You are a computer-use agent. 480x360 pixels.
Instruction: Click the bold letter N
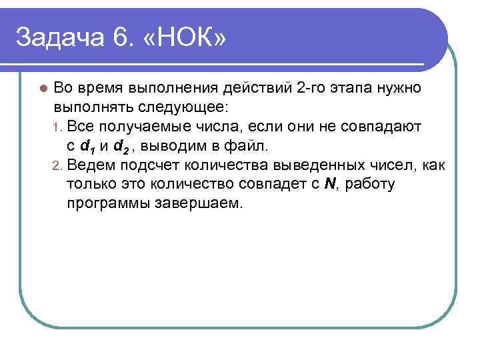(x=328, y=184)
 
